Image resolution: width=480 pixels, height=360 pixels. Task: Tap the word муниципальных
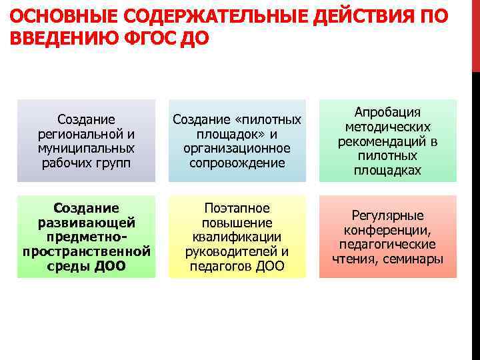click(86, 148)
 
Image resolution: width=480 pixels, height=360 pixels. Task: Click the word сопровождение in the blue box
click(237, 163)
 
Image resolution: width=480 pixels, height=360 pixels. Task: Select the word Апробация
click(387, 112)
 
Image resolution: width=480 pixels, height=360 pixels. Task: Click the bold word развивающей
click(86, 222)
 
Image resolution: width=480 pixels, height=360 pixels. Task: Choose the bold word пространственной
click(86, 252)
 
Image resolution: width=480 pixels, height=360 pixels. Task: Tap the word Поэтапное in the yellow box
click(237, 208)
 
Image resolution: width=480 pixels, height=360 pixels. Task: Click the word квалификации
click(237, 237)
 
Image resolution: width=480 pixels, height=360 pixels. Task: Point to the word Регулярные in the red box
click(387, 215)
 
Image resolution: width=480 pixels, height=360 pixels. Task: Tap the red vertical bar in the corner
click(475, 33)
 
